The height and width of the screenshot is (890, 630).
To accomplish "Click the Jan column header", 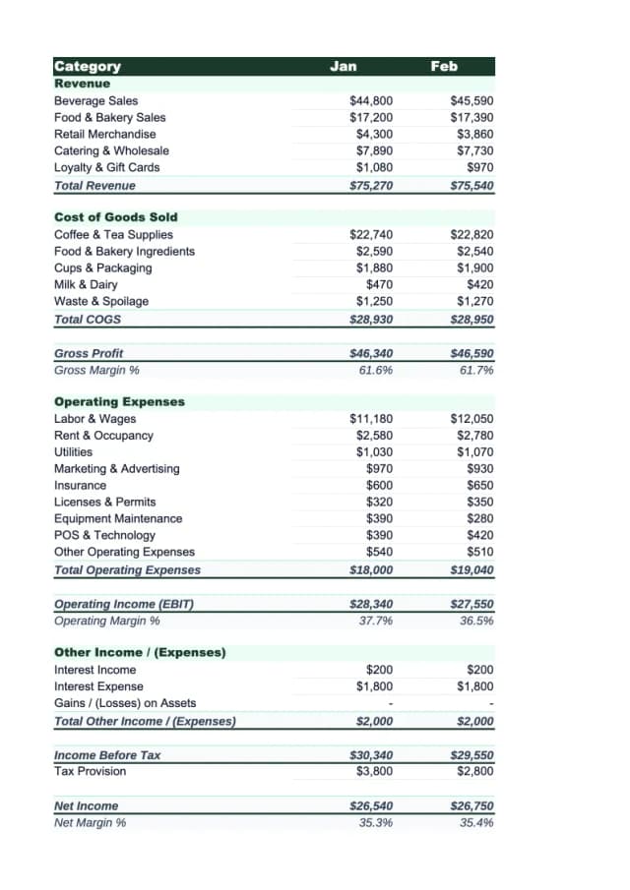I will (x=344, y=66).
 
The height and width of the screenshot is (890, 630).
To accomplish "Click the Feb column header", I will (x=444, y=66).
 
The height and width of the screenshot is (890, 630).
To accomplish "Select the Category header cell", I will (x=88, y=66).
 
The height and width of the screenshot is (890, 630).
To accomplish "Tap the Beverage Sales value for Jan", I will (x=372, y=101).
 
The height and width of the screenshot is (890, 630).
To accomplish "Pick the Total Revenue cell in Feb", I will (x=472, y=185).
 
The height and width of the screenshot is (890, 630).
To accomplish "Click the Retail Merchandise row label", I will (x=104, y=134).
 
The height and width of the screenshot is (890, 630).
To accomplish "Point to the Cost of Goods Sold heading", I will (x=116, y=217).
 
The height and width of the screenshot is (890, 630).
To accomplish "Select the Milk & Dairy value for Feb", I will (x=476, y=285).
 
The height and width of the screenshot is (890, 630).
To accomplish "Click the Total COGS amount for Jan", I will (x=372, y=320).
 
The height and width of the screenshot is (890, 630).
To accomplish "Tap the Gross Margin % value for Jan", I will (x=376, y=370).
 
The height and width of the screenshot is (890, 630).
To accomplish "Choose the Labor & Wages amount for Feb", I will (x=472, y=419).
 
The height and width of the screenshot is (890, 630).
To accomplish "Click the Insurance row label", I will (x=80, y=485).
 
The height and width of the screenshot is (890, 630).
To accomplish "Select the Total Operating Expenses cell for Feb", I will (x=472, y=569).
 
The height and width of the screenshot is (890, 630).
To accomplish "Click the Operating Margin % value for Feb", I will (x=476, y=621).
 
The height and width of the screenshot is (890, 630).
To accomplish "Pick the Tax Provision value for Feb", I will (x=474, y=771).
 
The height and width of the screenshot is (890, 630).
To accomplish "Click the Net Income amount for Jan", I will (x=372, y=805).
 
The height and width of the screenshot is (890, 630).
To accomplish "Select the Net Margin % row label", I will (x=90, y=822).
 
